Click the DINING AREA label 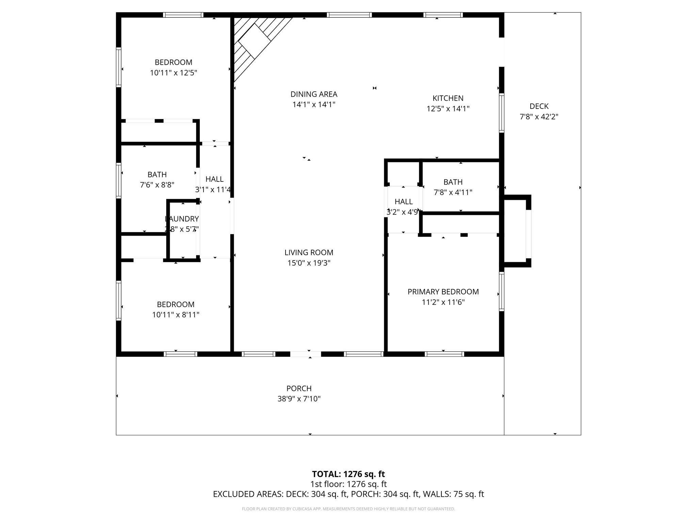pos(314,94)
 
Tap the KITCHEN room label pos(448,98)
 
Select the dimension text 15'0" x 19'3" pos(309,263)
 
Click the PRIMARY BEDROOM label pos(443,292)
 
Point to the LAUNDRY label pos(182,219)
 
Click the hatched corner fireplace pos(254,41)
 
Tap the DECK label pos(539,106)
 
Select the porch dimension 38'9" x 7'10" pos(299,399)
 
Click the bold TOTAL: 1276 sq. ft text pos(348,474)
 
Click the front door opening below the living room pos(305,354)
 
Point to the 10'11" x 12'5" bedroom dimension pos(174,73)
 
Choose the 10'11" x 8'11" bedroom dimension pos(176,315)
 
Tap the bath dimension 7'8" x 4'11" pos(453,192)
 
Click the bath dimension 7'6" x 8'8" pos(157,185)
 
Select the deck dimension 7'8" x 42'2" pos(539,117)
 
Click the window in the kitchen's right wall pos(501,113)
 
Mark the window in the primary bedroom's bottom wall pos(444,354)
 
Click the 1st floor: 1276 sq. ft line pos(348,484)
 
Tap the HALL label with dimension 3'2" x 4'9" pos(404,202)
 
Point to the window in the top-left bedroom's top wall pos(183,15)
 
